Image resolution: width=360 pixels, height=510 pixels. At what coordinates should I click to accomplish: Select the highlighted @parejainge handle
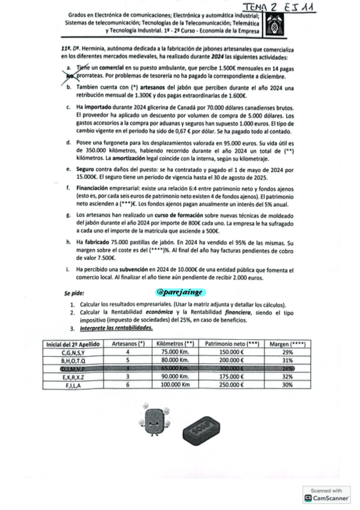tap(180, 292)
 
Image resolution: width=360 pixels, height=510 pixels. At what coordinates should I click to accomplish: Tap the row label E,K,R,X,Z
tap(74, 374)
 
